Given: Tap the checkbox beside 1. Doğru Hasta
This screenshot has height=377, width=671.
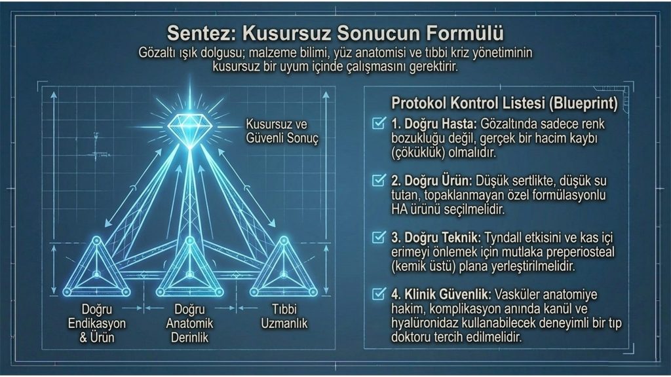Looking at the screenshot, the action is [379, 123].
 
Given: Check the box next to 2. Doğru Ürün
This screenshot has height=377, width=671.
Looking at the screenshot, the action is [379, 180].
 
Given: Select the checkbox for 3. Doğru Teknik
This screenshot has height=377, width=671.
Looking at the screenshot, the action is [379, 237].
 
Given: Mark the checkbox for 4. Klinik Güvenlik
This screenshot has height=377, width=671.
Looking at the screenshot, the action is [379, 294].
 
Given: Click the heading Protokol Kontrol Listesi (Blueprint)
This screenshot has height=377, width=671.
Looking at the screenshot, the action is [505, 103].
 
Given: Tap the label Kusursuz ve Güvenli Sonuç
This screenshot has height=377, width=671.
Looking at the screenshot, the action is [282, 131].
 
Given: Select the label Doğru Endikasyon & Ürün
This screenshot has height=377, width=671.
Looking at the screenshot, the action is [97, 323].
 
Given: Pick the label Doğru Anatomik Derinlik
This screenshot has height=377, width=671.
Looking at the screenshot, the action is [189, 323].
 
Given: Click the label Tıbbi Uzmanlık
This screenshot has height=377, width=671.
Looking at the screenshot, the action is [284, 316].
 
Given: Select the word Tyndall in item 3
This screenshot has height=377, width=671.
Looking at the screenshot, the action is [504, 237].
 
